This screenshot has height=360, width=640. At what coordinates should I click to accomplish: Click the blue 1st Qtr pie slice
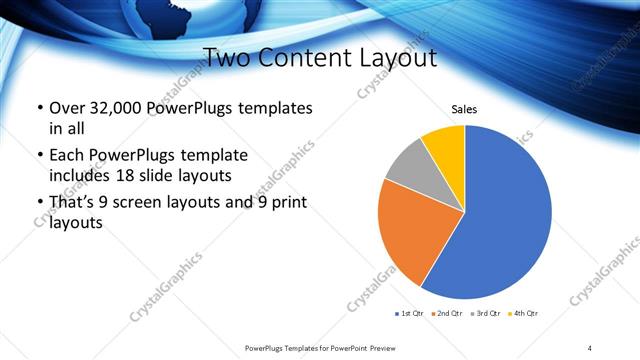coord(505,215)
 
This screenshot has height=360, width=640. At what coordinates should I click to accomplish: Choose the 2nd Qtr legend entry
coord(448,314)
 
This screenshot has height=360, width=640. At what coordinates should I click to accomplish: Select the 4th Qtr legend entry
coord(523,314)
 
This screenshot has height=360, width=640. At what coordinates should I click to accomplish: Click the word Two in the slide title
coord(227,57)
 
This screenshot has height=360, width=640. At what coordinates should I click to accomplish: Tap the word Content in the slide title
coord(307,57)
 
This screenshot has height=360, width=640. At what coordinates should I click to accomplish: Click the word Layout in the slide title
coord(398,57)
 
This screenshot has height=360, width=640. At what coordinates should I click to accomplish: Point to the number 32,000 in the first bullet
coord(111,108)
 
